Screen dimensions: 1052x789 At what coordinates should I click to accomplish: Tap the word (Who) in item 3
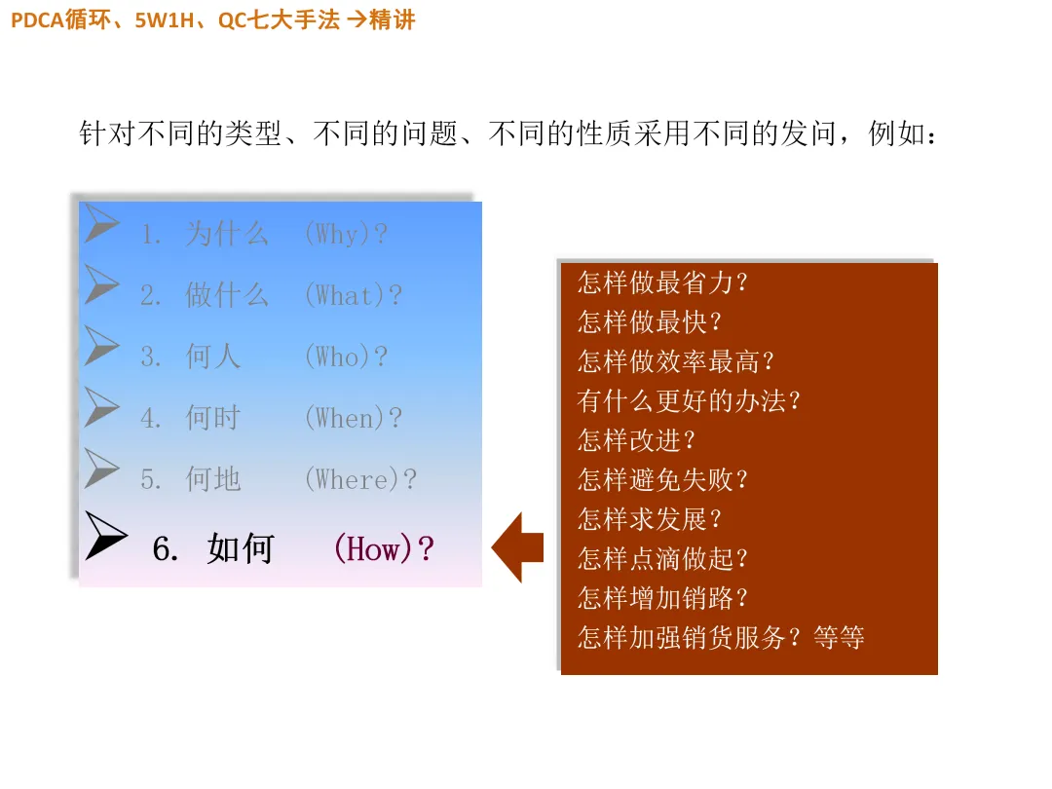[x=339, y=357]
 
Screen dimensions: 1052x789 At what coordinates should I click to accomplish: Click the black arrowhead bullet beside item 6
[x=105, y=536]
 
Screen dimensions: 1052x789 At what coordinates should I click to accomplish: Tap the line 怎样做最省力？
[x=662, y=282]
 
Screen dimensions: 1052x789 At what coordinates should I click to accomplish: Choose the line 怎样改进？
[x=636, y=439]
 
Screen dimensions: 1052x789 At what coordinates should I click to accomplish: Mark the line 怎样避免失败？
[x=662, y=479]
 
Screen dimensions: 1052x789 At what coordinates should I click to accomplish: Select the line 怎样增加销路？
[x=662, y=597]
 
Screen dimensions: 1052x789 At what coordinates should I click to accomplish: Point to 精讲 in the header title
[x=393, y=19]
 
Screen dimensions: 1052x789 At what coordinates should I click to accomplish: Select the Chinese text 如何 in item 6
[x=241, y=549]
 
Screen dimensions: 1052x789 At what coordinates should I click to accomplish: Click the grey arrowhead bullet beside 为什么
[x=101, y=223]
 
